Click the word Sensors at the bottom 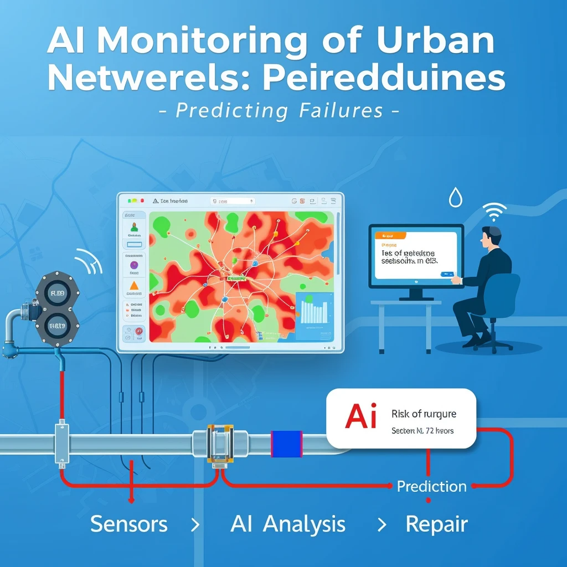[128, 524]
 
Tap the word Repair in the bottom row [436, 524]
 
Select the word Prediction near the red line [431, 487]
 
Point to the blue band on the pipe [286, 444]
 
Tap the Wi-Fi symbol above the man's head [494, 212]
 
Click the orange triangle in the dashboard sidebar [133, 286]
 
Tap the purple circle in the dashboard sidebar [133, 265]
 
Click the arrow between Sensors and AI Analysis [195, 524]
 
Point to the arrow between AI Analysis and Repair [381, 524]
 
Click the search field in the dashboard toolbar [233, 202]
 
